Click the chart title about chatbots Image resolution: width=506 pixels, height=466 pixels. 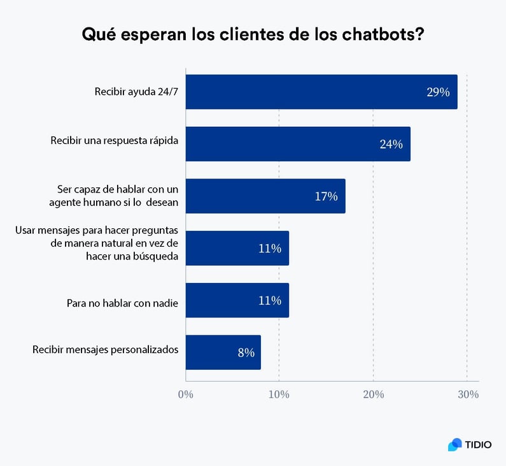coord(253,34)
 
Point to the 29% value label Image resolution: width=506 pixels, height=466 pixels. coord(438,92)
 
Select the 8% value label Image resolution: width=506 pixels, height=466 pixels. coord(246,353)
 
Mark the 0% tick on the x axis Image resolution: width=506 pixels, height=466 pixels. coord(185,395)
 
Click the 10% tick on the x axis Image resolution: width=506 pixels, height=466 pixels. coord(279,395)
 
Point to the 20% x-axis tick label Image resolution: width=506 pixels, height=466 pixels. coord(373,395)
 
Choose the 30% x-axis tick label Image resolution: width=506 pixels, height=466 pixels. coord(467,395)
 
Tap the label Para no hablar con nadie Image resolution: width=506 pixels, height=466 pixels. coord(122,303)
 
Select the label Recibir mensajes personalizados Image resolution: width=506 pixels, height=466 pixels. coord(105,349)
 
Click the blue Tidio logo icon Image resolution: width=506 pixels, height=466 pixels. coord(455,444)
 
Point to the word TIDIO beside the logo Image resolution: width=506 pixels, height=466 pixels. coord(478,445)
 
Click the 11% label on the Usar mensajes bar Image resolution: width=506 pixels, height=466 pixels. coord(269,249)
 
